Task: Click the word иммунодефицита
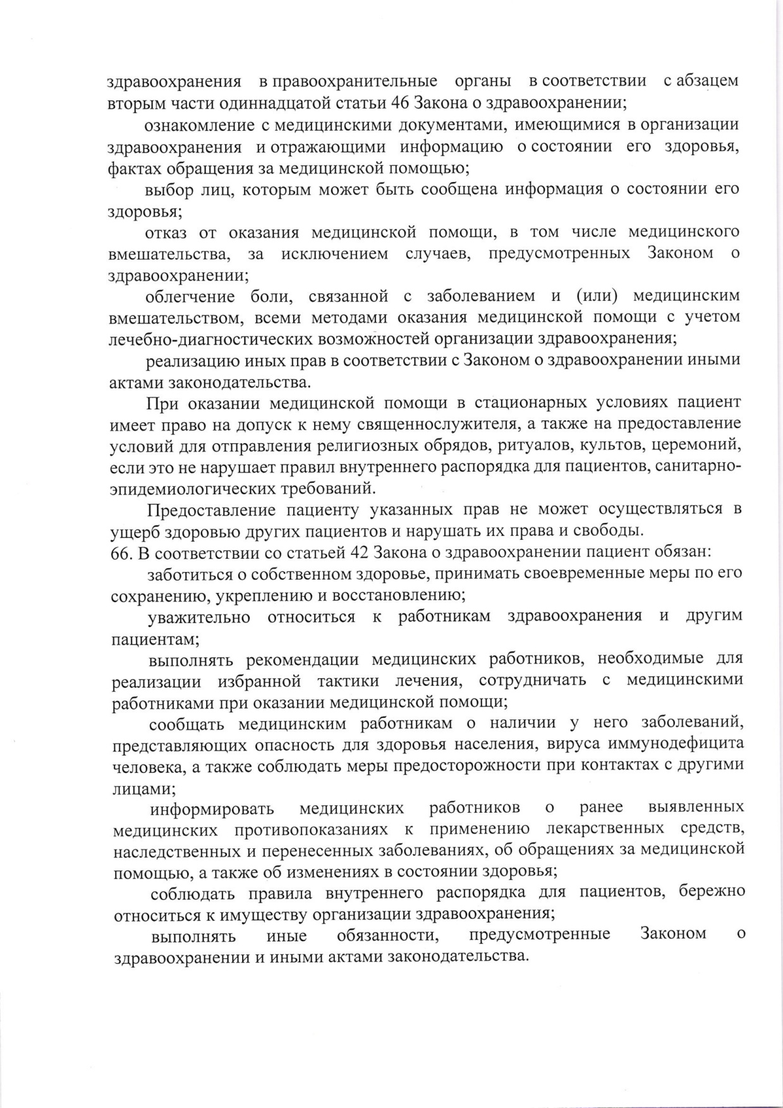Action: [x=677, y=744]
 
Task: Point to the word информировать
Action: [x=212, y=808]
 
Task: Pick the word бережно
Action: [x=712, y=892]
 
